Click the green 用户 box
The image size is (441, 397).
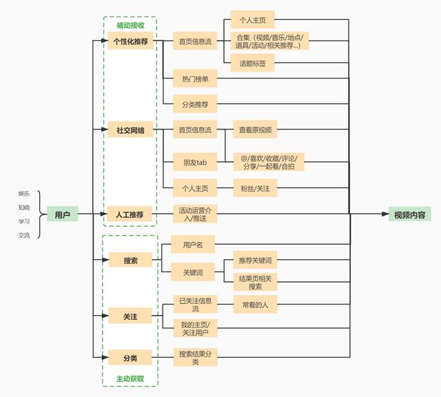pyautogui.click(x=62, y=214)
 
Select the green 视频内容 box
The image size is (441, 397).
pyautogui.click(x=409, y=214)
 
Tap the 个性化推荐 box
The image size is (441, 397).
pyautogui.click(x=130, y=41)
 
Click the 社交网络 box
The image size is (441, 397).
pyautogui.click(x=130, y=130)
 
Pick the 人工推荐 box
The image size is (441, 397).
pyautogui.click(x=130, y=214)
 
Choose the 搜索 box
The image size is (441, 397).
pyautogui.click(x=130, y=260)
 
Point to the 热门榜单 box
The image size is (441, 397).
pyautogui.click(x=195, y=78)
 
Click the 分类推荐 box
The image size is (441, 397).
pyautogui.click(x=195, y=104)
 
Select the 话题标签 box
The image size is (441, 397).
pyautogui.click(x=253, y=63)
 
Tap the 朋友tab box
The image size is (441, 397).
pyautogui.click(x=195, y=162)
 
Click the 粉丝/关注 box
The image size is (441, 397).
pyautogui.click(x=255, y=187)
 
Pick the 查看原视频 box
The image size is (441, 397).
pyautogui.click(x=255, y=130)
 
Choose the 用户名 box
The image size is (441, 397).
pyautogui.click(x=193, y=244)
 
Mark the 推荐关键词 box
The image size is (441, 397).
pyautogui.click(x=255, y=260)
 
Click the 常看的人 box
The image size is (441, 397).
pyautogui.click(x=255, y=304)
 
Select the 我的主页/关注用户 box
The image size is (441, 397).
pyautogui.click(x=196, y=328)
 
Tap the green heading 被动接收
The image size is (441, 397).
pyautogui.click(x=130, y=25)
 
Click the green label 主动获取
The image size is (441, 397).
pyautogui.click(x=130, y=378)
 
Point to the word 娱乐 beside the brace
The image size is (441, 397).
pyautogui.click(x=24, y=194)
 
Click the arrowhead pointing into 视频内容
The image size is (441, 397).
pyautogui.click(x=385, y=214)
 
